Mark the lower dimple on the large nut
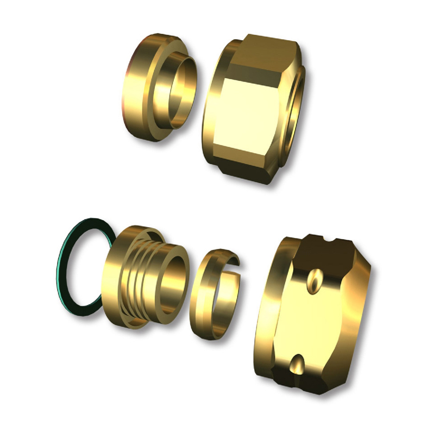pos(297,361)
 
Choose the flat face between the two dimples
pos(312,321)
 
